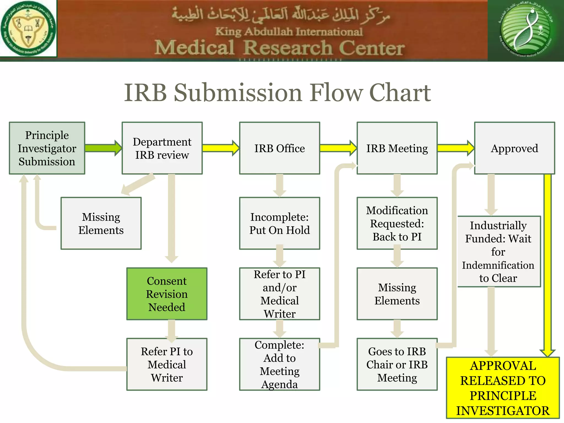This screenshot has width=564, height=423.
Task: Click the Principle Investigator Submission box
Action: coord(47,148)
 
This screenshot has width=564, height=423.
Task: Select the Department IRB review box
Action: coord(162,148)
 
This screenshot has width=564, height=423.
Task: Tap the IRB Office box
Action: coord(280,148)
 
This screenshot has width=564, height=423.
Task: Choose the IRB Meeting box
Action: coord(397,148)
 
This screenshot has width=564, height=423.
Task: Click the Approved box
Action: coord(514,148)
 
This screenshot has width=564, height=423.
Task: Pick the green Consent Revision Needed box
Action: coord(167,294)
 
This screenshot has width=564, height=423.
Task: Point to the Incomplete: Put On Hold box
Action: coord(280,223)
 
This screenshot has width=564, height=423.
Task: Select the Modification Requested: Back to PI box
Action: coord(397,223)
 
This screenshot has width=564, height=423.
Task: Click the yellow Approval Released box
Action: coord(503,388)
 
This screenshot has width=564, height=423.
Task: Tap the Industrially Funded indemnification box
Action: coord(498,251)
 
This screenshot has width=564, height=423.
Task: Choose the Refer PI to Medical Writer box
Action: coord(167,364)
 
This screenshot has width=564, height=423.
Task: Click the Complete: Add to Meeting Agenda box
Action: coord(280,364)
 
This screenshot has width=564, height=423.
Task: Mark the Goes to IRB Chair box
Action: coord(397,364)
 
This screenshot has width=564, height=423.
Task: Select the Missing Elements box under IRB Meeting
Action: coord(397,294)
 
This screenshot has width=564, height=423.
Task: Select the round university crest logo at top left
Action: coord(28,28)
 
